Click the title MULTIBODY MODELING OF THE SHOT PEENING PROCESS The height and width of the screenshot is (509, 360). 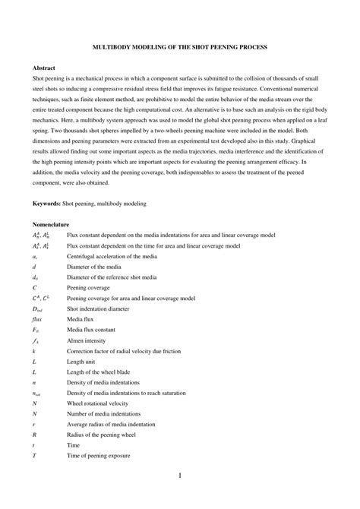[179, 47]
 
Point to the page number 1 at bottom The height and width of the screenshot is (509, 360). [180, 476]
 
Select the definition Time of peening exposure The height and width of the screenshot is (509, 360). [99, 457]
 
